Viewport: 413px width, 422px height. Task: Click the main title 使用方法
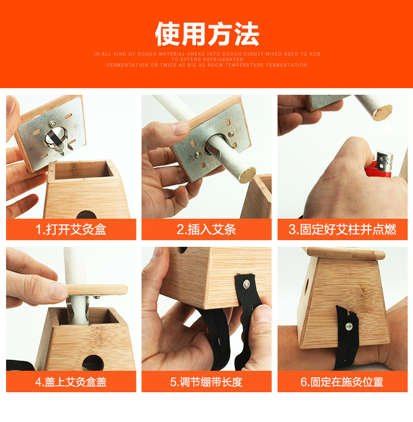click(x=207, y=34)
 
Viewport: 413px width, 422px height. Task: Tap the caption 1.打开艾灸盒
click(x=71, y=229)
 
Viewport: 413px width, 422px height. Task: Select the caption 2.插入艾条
click(x=206, y=229)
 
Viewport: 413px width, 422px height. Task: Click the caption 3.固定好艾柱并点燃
click(x=343, y=229)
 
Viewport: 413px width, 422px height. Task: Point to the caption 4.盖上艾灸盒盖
click(x=71, y=382)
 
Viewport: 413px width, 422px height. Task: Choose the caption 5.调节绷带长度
click(x=206, y=382)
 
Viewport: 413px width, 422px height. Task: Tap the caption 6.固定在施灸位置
click(x=342, y=382)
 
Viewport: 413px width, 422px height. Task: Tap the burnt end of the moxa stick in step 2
click(x=247, y=175)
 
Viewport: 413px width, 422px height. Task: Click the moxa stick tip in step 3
click(x=382, y=112)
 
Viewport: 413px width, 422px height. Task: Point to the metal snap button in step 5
click(x=246, y=284)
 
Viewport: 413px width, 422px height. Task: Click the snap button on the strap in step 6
click(x=349, y=327)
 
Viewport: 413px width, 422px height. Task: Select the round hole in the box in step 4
click(x=93, y=363)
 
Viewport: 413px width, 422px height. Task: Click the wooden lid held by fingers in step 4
click(x=97, y=290)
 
